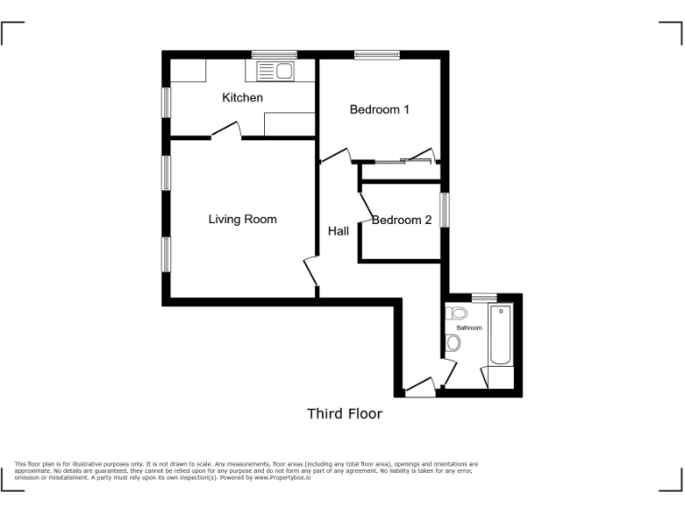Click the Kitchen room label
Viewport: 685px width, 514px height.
[243, 97]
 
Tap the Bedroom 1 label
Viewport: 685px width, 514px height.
[379, 110]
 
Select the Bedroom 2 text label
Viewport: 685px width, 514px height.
[402, 220]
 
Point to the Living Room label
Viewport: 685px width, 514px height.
[243, 219]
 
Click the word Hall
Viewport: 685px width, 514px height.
[338, 231]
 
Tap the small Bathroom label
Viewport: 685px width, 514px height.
[469, 327]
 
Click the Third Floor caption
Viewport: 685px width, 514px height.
[344, 413]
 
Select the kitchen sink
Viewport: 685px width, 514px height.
[275, 70]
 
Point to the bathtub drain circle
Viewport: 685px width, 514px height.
[501, 311]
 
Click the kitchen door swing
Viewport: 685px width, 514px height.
[227, 132]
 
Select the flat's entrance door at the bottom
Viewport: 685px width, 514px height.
[419, 386]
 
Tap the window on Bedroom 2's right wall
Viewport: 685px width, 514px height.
[444, 211]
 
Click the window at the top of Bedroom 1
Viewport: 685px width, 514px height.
[376, 55]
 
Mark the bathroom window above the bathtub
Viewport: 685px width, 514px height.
[483, 296]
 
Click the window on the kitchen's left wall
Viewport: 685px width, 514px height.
[166, 100]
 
